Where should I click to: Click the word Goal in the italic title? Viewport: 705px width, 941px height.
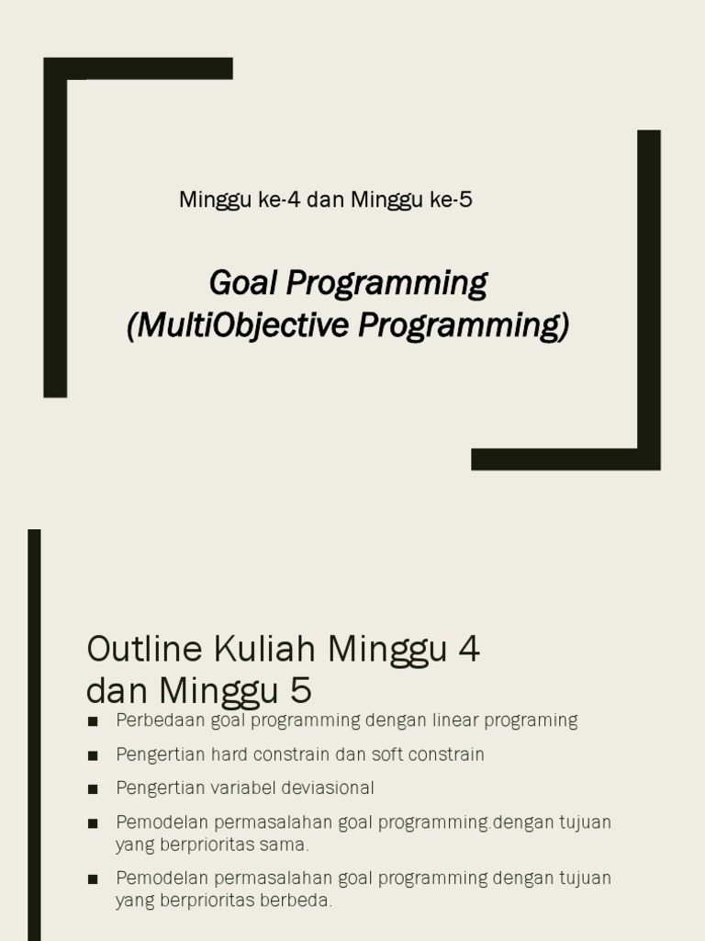click(x=244, y=283)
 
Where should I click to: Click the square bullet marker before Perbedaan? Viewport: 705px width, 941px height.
click(x=93, y=721)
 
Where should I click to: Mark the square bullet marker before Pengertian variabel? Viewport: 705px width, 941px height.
click(x=93, y=788)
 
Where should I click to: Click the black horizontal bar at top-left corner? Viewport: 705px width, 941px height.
click(x=138, y=68)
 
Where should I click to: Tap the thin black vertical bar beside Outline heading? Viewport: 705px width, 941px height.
click(x=34, y=735)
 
